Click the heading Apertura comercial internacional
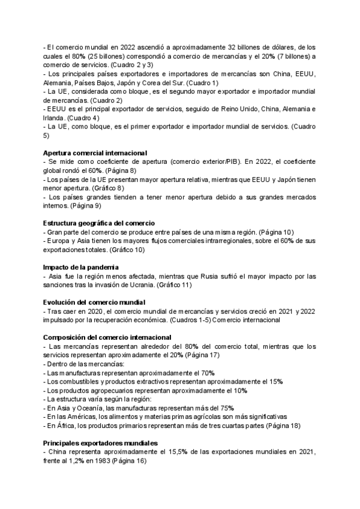click(95, 153)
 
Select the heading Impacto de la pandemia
click(80, 267)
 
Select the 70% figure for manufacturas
click(208, 373)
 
